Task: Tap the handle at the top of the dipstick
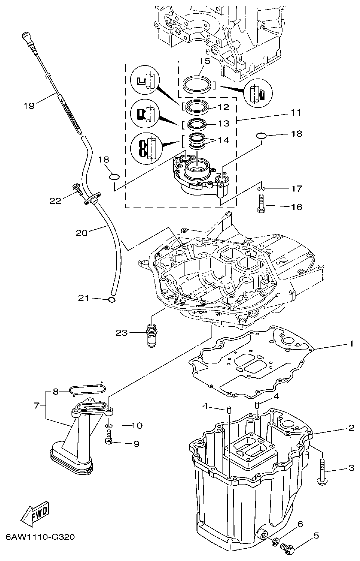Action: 27,38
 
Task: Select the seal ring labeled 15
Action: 197,83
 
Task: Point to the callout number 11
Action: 296,113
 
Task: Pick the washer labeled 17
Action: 262,189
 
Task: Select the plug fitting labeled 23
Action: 150,332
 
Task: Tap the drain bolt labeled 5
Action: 289,548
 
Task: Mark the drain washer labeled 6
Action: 275,540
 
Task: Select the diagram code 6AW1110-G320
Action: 40,538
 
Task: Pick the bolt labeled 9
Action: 109,440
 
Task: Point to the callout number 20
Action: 81,233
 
